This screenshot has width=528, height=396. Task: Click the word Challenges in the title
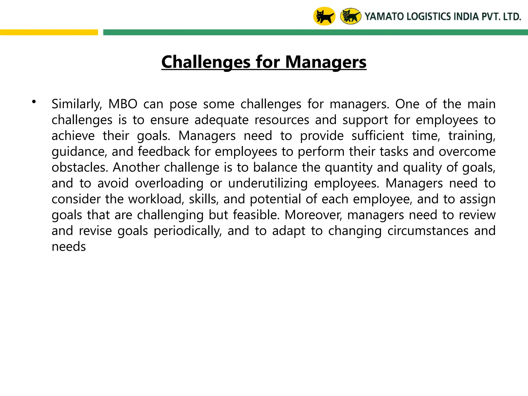click(x=206, y=62)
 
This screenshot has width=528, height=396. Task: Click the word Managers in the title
click(x=326, y=62)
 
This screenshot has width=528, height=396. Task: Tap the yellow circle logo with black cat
click(x=324, y=16)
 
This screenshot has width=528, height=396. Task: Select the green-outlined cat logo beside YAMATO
click(x=351, y=16)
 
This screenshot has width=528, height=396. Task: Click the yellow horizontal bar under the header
click(x=49, y=32)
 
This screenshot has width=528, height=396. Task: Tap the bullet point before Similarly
click(x=34, y=102)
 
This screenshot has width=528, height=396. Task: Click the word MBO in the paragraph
click(x=123, y=104)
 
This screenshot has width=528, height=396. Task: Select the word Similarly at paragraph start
click(x=77, y=104)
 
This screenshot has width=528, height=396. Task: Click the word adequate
click(x=221, y=120)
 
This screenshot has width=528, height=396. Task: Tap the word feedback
click(x=164, y=152)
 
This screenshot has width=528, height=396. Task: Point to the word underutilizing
click(x=268, y=183)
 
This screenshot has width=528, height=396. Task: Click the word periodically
click(x=188, y=231)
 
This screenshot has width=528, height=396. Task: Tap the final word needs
click(x=69, y=247)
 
